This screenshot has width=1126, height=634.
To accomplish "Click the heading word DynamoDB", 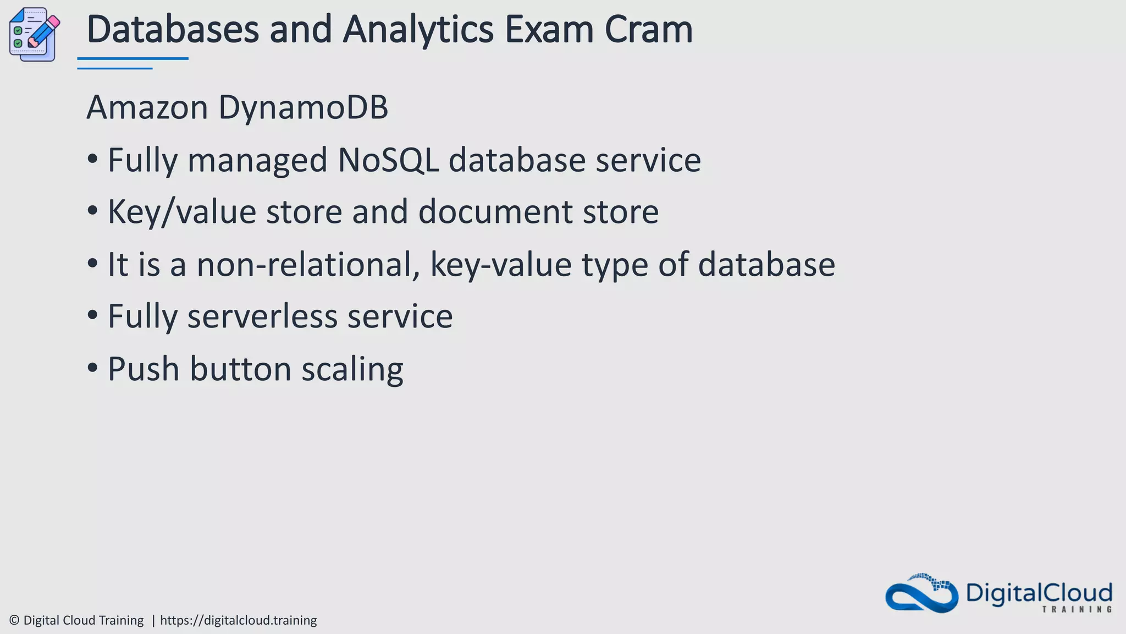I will (x=303, y=107).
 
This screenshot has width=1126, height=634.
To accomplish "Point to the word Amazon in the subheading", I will (x=147, y=107).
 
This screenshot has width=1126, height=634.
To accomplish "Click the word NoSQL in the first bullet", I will (x=388, y=160).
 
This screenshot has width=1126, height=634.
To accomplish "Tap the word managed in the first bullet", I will (x=257, y=161).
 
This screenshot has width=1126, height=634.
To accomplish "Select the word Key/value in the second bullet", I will (x=181, y=212).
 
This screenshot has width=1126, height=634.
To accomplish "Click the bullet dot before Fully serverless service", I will (x=92, y=316).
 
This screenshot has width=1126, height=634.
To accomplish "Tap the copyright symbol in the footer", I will (x=14, y=620).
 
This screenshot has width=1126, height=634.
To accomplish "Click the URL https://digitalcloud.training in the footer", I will (x=238, y=620).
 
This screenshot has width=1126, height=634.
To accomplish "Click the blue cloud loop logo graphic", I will (x=921, y=594).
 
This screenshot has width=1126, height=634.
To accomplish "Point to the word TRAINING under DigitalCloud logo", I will (x=1077, y=609).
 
